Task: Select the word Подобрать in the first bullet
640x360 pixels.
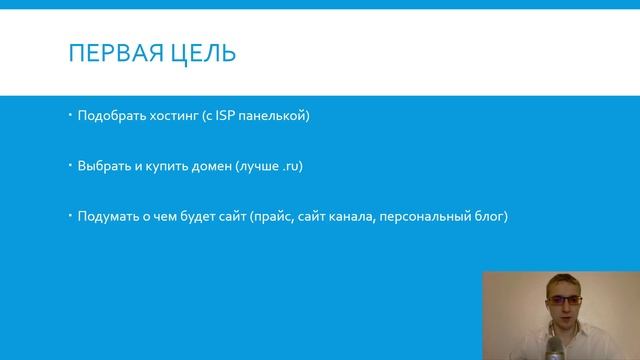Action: [x=108, y=117]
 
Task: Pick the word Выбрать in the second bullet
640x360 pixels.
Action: [x=101, y=166]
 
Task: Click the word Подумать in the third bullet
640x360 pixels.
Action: [x=106, y=215]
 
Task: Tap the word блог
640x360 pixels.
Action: [x=493, y=215]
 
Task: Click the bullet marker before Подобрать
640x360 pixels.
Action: [x=70, y=116]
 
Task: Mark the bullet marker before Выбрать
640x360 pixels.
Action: [x=70, y=165]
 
